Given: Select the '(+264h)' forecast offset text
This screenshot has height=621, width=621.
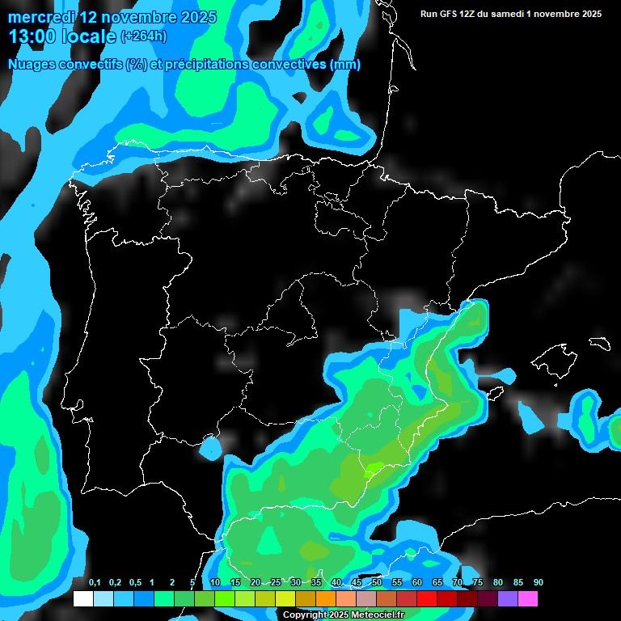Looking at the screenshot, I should point(144,36).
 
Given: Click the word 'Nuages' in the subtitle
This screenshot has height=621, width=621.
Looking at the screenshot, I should point(32,64).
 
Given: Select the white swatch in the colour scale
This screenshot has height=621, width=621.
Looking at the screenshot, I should point(82,598).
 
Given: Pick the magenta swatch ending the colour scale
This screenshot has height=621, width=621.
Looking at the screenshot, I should point(527,598).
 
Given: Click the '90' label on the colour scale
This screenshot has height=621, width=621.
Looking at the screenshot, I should point(539,583).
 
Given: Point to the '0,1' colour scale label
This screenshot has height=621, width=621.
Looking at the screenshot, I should point(95,583).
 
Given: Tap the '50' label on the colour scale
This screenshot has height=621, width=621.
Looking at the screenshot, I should point(377,583).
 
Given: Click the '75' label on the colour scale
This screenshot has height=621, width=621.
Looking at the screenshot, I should point(478,583).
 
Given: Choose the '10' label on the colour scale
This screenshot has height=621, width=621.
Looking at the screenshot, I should point(215,583).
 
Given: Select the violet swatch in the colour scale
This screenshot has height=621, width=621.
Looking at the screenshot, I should point(507,598).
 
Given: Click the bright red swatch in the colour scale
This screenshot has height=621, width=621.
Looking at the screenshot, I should point(426,598).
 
